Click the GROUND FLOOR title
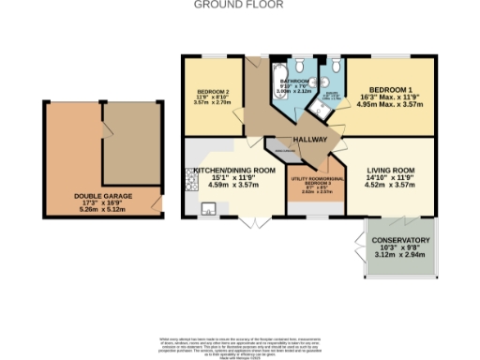(x=239, y=5)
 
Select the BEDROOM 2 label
(x=206, y=92)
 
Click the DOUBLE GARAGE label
(x=99, y=197)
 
